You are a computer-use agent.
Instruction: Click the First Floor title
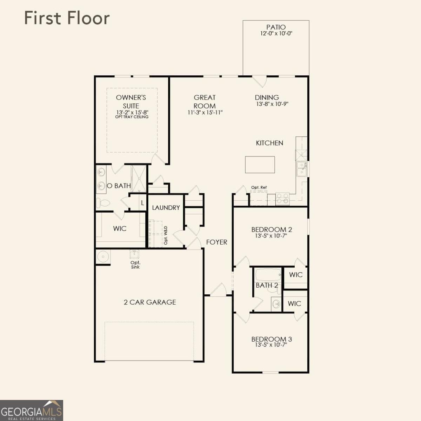[67, 18]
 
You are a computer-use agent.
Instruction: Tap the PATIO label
[276, 27]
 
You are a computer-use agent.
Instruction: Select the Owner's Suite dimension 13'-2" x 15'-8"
[132, 112]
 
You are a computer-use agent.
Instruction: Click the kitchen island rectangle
[260, 165]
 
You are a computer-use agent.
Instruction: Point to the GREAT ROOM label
[205, 101]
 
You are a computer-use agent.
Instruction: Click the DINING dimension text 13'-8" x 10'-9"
[272, 104]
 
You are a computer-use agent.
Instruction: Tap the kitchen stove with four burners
[282, 199]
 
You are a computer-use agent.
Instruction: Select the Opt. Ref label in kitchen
[259, 187]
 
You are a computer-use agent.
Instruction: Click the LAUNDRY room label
[166, 208]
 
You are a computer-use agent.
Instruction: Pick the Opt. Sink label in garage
[135, 265]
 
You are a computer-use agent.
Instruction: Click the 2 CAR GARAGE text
[150, 302]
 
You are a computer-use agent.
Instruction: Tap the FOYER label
[216, 242]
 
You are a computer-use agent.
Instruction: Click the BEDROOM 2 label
[272, 230]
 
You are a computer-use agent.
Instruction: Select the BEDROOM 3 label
[272, 339]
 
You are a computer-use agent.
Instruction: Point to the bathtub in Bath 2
[268, 274]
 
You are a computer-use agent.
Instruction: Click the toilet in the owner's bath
[103, 203]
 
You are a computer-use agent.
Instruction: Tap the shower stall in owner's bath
[139, 178]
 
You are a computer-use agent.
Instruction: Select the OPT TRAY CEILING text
[132, 117]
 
